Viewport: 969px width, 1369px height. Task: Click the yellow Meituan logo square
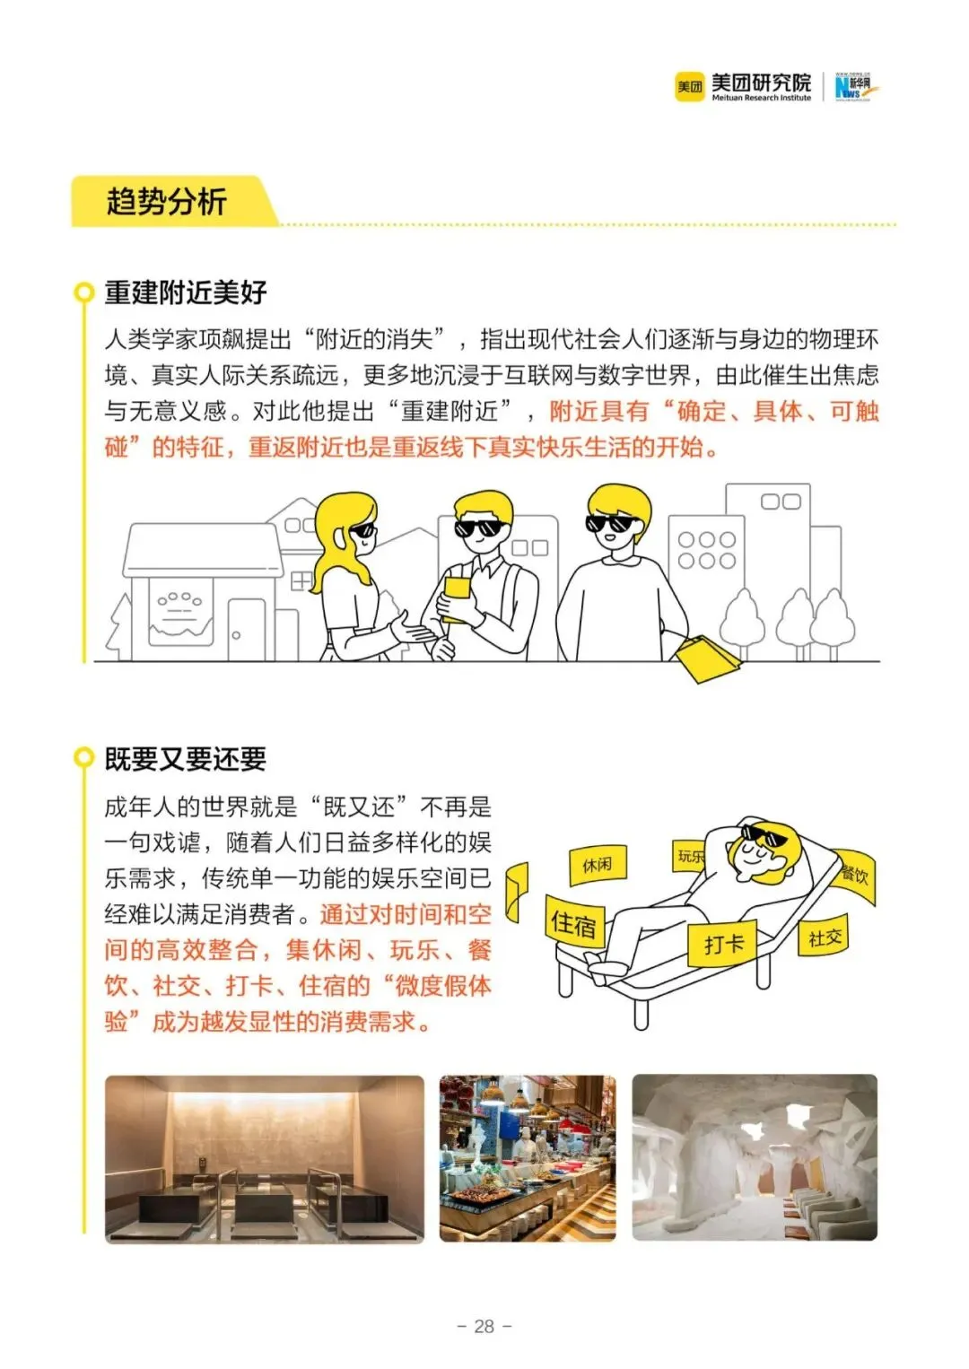[689, 87]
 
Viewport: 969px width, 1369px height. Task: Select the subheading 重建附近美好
[185, 292]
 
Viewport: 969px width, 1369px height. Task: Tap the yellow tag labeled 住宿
[574, 922]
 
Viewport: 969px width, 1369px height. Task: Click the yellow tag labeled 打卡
[722, 944]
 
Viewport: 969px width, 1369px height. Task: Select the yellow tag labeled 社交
[825, 937]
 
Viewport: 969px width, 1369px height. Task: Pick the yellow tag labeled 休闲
[598, 865]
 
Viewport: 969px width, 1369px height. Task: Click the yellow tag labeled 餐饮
[855, 876]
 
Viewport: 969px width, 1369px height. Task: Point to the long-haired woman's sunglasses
[363, 531]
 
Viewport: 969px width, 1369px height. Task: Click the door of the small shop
[247, 630]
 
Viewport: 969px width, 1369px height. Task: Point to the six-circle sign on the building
[707, 550]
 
